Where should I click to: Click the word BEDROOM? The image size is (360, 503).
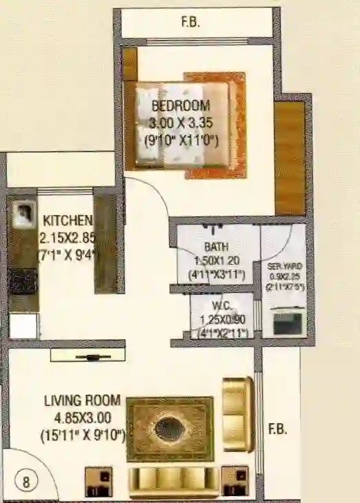(181, 106)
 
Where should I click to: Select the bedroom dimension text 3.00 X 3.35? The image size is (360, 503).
(181, 124)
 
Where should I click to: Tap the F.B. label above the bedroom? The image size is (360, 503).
(190, 22)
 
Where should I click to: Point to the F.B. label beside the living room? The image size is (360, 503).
(278, 429)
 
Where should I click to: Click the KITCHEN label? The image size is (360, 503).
(68, 221)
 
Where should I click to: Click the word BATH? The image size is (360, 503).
(217, 247)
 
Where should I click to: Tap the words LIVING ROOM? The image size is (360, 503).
(82, 400)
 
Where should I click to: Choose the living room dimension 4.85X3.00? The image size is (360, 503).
(82, 418)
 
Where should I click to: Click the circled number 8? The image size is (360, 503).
(26, 482)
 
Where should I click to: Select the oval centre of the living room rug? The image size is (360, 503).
(169, 429)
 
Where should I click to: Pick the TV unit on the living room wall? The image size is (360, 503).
(88, 356)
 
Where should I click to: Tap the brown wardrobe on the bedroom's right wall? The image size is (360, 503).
(289, 158)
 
